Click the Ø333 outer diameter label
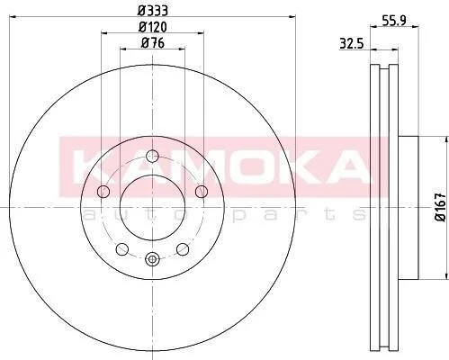coord(152,11)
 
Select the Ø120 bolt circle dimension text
coord(152,27)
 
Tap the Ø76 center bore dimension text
coord(152,43)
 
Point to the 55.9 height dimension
coord(394,21)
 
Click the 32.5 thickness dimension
coord(352,44)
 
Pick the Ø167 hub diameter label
coord(441,207)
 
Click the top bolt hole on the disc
coord(152,156)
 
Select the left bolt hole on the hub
coord(103,192)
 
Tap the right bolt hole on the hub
coord(202,192)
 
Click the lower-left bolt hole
coord(122,249)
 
